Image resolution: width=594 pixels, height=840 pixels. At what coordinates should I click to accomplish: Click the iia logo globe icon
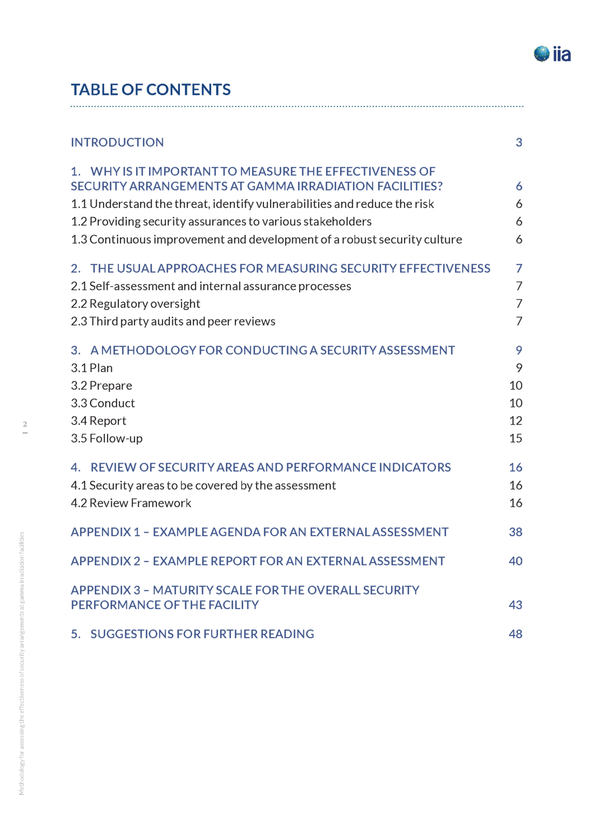pos(541,53)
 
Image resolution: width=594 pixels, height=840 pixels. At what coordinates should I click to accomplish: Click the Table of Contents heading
pos(151,90)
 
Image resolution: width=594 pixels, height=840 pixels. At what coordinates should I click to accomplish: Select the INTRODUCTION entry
pos(117,142)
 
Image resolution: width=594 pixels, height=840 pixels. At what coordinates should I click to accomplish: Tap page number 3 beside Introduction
pos(518,142)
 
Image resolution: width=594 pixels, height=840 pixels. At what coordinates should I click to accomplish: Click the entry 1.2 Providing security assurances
pos(221,221)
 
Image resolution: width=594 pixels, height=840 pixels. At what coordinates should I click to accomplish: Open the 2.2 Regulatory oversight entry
pos(135,303)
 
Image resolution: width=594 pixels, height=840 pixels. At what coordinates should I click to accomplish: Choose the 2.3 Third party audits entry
pos(173,321)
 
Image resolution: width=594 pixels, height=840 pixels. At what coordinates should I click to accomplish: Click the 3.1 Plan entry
pos(92,368)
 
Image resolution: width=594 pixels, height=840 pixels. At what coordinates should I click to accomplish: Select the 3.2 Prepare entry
pos(102,385)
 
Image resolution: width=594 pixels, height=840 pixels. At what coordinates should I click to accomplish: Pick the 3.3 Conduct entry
pos(103,403)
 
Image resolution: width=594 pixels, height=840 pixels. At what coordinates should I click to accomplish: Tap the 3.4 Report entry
pos(98,421)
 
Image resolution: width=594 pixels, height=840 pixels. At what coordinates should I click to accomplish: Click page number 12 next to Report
pos(515,421)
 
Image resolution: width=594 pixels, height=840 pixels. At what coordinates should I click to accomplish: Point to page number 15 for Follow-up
pos(515,438)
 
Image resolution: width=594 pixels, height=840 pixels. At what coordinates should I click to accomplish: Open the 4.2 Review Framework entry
pos(131,503)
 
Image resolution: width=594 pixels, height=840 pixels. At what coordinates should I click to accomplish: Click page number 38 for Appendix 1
pos(515,532)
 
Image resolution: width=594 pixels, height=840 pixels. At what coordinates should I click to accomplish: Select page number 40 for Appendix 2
pos(515,561)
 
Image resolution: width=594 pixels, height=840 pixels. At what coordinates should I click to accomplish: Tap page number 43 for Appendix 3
pos(515,605)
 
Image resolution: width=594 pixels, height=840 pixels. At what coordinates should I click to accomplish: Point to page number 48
pos(515,634)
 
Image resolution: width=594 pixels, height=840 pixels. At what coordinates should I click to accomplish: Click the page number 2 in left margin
pos(25,424)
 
